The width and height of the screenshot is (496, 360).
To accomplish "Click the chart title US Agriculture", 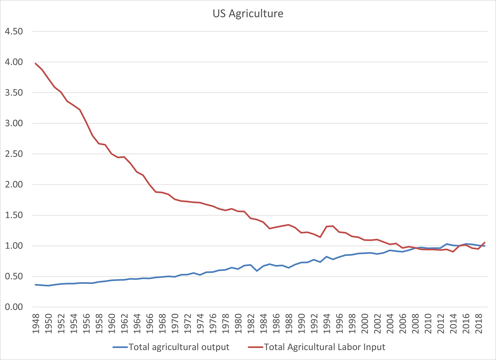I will [248, 14].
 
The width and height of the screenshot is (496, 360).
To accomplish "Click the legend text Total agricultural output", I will [179, 347].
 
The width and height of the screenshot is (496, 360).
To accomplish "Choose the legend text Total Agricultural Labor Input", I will [324, 347].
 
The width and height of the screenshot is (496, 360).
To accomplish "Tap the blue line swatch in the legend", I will [120, 347].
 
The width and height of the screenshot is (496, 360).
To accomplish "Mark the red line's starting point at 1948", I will [35, 64].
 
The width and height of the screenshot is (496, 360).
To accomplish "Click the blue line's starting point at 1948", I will [35, 284].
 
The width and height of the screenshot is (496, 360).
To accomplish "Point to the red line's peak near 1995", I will [333, 226].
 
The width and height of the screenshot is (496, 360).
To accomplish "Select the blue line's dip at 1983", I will [257, 271].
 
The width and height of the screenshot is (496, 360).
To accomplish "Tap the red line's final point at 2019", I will [484, 242].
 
